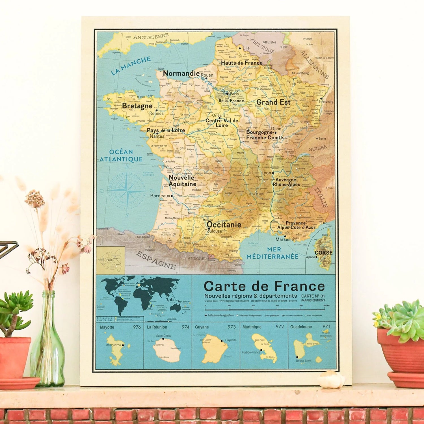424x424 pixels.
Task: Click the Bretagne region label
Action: pos(137,106)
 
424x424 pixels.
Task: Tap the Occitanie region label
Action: pos(224,225)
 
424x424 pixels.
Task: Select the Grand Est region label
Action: pos(273,102)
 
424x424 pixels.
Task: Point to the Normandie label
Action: pos(181,73)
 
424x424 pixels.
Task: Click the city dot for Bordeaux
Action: pos(172,196)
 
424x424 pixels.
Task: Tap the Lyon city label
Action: pos(266,173)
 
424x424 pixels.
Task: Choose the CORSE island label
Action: pos(323,253)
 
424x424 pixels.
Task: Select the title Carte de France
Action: pos(264,286)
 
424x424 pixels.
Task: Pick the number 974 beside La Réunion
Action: pos(185,327)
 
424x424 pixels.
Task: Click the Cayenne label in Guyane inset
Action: pos(231,340)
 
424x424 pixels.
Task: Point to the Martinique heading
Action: pos(252,327)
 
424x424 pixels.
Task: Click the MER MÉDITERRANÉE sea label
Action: pos(272,253)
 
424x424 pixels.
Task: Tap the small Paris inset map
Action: pos(111,260)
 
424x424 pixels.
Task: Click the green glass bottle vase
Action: pos(47,348)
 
